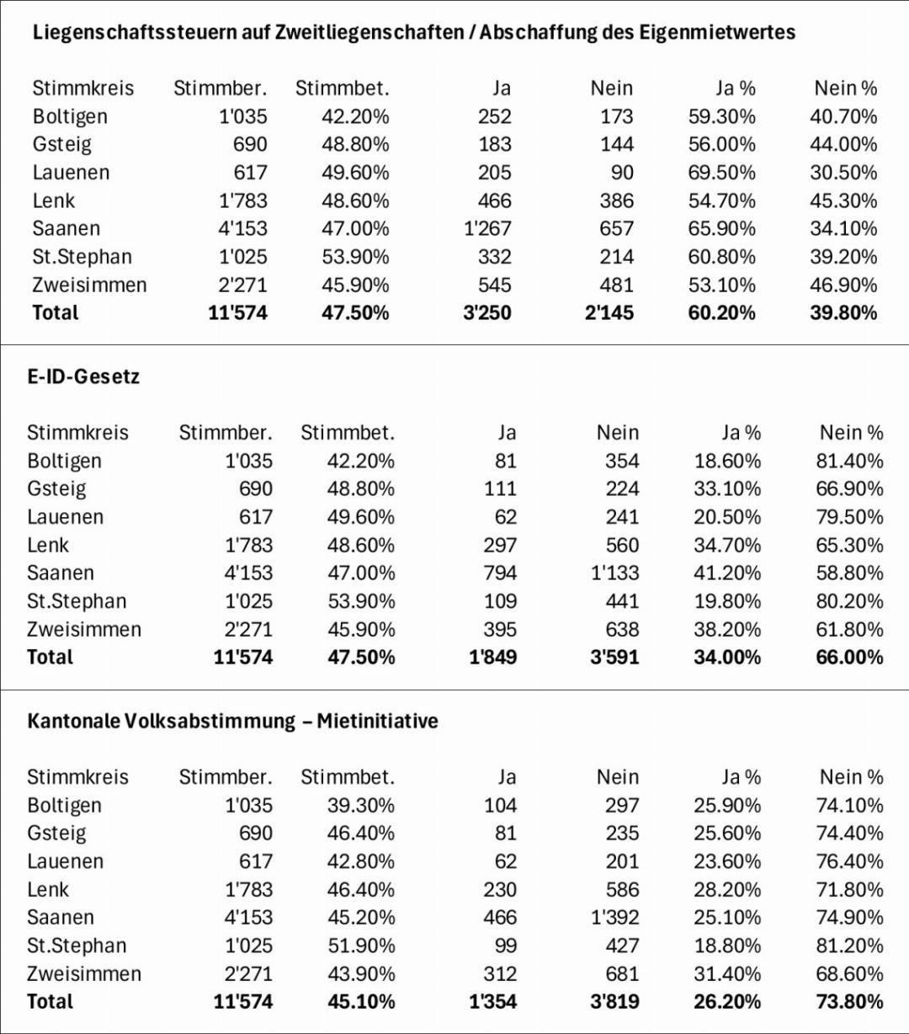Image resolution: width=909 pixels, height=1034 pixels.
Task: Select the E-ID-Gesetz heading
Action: (83, 376)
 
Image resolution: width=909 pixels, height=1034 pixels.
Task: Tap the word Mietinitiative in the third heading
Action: (377, 721)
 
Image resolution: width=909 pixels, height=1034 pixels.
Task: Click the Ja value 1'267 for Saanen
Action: (487, 228)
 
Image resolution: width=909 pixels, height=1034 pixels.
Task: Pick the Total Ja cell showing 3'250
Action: (487, 312)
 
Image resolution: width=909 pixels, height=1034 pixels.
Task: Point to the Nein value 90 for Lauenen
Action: (622, 173)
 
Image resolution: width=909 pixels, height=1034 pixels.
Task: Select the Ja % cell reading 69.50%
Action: (721, 173)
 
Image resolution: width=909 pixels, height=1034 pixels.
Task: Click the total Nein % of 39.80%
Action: (843, 312)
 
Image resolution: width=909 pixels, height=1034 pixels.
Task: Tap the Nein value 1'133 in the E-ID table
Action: (615, 573)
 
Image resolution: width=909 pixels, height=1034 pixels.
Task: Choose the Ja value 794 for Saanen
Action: (500, 573)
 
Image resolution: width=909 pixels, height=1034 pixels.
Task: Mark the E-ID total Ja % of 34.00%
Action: (727, 657)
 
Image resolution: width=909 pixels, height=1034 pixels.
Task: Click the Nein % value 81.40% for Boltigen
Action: (849, 461)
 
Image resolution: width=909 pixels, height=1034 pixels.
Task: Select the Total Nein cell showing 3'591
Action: (614, 657)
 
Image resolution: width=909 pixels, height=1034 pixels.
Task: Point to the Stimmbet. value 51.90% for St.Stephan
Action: (361, 946)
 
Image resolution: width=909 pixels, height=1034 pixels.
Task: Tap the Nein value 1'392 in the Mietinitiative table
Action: (615, 917)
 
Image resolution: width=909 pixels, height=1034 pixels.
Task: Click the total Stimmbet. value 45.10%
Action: (361, 1001)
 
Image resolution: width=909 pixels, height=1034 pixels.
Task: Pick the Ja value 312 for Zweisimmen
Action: (500, 973)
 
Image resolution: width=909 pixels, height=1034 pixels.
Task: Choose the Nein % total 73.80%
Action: (849, 1001)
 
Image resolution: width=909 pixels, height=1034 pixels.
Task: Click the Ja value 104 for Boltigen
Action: (500, 805)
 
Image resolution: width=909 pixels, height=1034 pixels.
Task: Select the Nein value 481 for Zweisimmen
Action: (617, 285)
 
